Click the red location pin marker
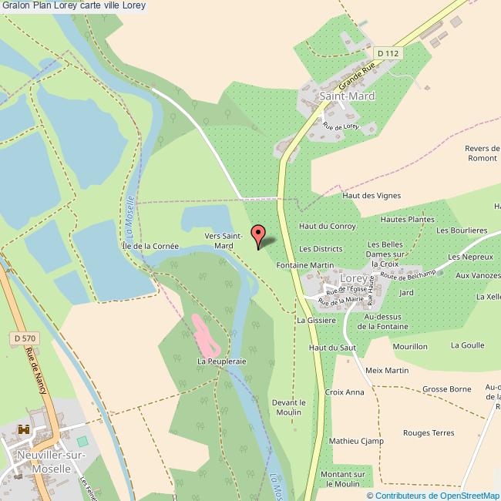tap(258, 235)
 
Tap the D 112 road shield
tap(388, 53)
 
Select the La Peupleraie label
tap(221, 360)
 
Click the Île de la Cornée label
tap(150, 246)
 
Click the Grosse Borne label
tap(446, 389)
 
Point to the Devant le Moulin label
tap(289, 407)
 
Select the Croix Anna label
tap(344, 392)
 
